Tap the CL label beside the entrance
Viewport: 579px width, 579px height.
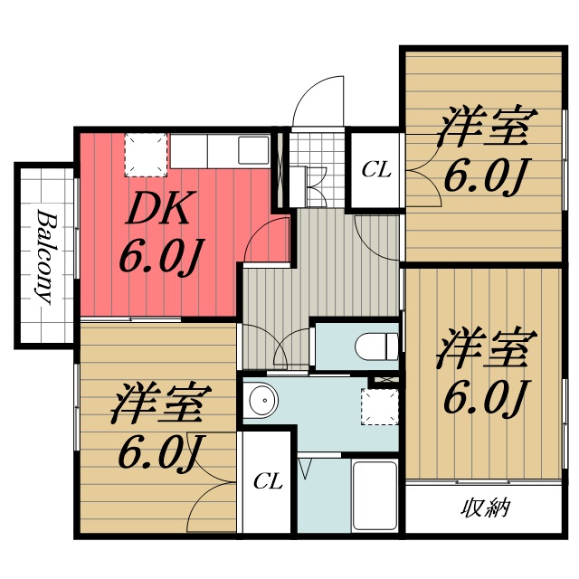coord(376,169)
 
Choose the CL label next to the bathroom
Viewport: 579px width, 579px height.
coord(267,481)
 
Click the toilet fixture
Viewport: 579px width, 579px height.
coord(375,345)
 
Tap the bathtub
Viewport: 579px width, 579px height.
coord(375,498)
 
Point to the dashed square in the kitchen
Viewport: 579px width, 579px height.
coord(146,154)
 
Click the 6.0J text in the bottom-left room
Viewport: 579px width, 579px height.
coord(160,450)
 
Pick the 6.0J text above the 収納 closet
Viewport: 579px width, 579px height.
coord(485,395)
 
